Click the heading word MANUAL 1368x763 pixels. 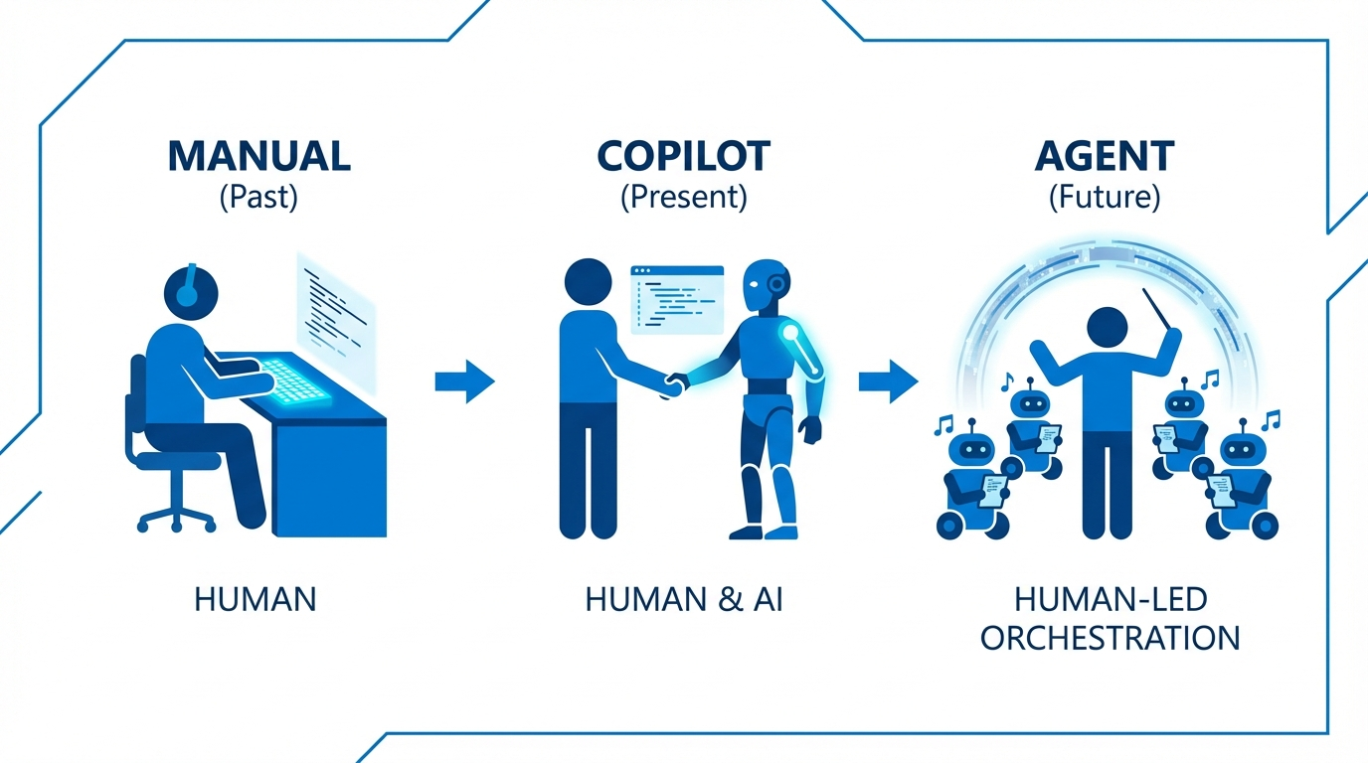coord(258,156)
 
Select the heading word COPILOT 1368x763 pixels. coord(683,156)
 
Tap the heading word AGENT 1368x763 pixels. coord(1104,156)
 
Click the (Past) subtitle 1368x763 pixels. coord(258,196)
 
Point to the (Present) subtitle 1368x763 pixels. coord(683,196)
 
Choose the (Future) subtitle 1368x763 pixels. coord(1104,196)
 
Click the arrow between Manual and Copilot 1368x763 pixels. coord(464,380)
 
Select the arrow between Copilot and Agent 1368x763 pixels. coord(888,380)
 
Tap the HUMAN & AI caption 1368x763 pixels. coord(684,599)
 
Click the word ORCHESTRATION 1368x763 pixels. coord(1111,637)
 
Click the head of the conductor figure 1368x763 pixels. coord(1106,327)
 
